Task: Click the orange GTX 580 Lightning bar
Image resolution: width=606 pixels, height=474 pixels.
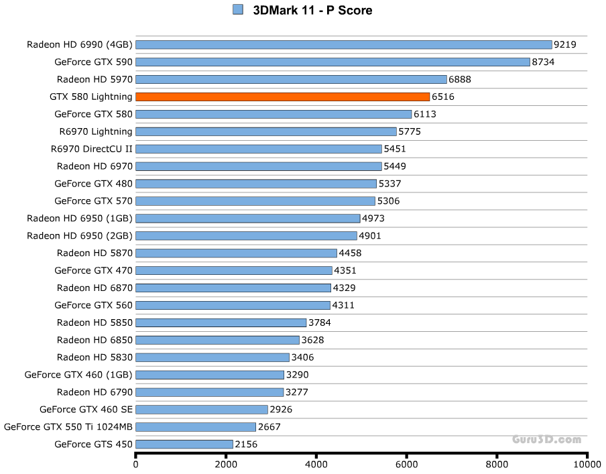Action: click(282, 97)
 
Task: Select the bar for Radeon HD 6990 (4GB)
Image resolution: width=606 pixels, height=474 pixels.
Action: click(343, 45)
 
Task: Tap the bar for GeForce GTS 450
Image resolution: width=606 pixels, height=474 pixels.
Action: click(184, 444)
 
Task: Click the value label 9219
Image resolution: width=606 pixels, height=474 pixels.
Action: click(565, 45)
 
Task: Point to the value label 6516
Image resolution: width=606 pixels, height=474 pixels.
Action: click(443, 97)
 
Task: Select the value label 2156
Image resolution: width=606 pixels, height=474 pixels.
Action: click(246, 444)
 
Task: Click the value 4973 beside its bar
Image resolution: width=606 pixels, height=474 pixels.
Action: click(373, 218)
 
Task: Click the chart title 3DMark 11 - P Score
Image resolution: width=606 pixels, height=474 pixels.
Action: click(312, 10)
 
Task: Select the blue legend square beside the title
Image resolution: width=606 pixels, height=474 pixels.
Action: click(237, 9)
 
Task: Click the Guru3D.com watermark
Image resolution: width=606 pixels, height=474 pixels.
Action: click(546, 440)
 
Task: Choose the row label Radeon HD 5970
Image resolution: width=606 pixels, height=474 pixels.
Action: click(95, 79)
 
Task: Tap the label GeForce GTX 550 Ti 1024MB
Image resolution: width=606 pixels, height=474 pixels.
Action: click(68, 426)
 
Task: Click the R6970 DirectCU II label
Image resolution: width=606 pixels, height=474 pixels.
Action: click(92, 149)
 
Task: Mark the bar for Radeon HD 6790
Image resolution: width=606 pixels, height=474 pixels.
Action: click(210, 392)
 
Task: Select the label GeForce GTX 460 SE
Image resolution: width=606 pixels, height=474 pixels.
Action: click(86, 409)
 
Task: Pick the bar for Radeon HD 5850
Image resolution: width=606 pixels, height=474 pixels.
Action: click(221, 322)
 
